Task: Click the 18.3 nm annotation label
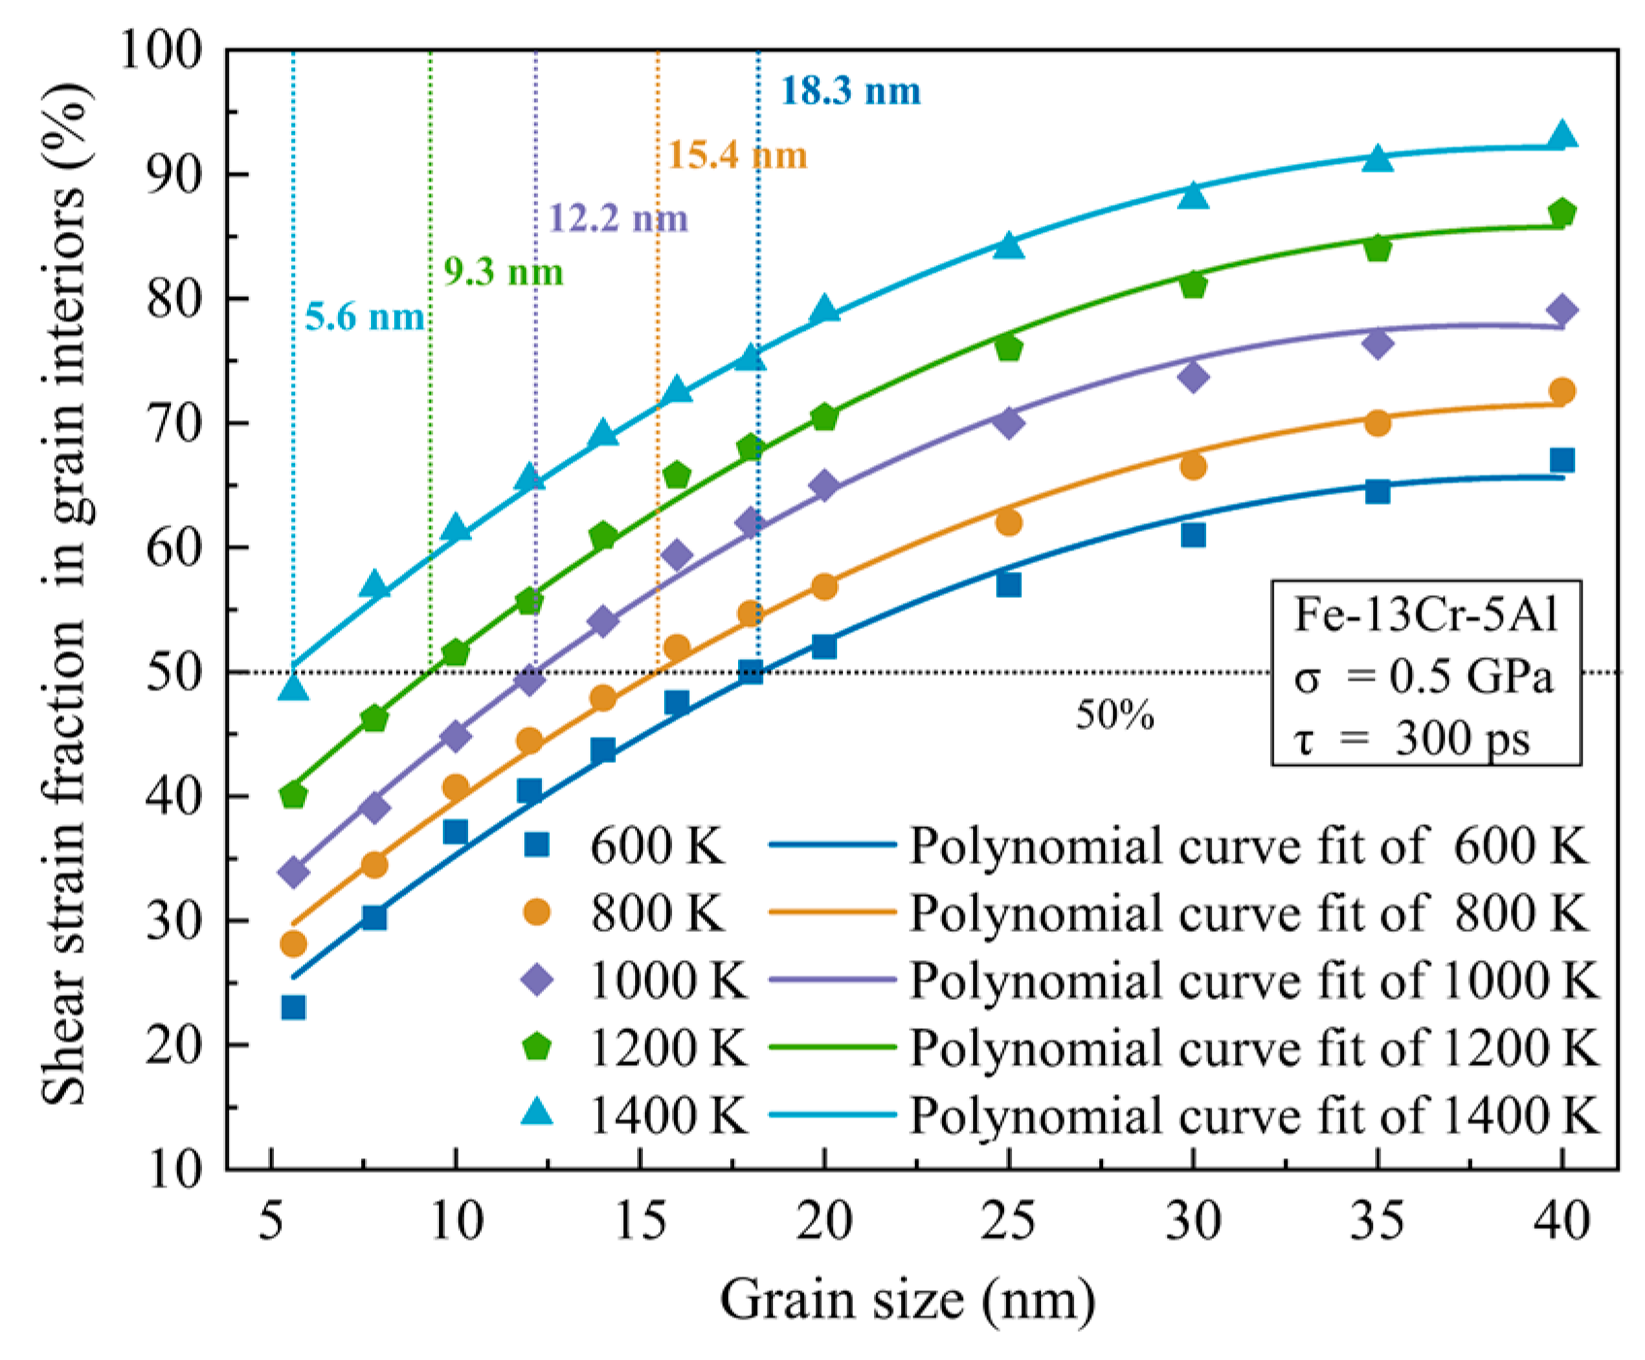click(851, 91)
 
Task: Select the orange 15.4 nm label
click(737, 154)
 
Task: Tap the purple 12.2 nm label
click(618, 218)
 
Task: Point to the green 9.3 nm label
click(503, 272)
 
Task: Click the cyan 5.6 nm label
click(364, 316)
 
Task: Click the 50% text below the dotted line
click(1115, 715)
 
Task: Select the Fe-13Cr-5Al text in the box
click(1425, 615)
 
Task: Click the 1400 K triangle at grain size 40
click(1561, 135)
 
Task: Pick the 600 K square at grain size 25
click(1009, 584)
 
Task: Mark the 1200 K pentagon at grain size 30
click(1193, 284)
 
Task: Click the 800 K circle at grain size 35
click(1377, 423)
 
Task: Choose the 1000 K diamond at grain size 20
click(824, 485)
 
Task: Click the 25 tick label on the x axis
click(1009, 1221)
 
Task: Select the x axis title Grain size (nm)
click(907, 1300)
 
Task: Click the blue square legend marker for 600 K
click(537, 846)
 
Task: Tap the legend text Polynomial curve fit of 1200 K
click(1253, 1047)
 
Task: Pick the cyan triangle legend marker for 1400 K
click(537, 1112)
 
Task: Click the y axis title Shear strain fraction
click(66, 592)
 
